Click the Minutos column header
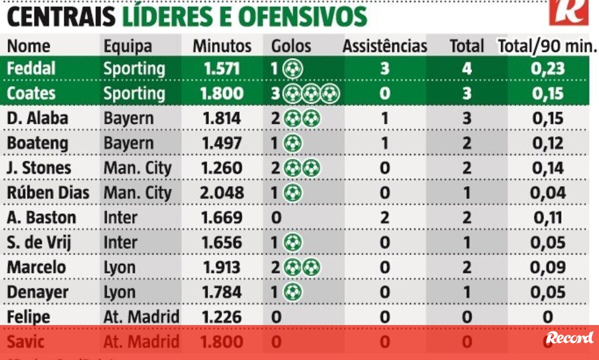222,46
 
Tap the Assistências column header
384,46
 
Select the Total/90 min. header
548,46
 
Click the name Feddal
31,68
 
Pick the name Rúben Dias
48,193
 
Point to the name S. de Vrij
39,243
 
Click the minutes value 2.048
222,193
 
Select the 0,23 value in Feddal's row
548,68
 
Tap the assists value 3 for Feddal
384,68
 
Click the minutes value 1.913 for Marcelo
222,267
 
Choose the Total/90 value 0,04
548,193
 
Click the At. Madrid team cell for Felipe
141,317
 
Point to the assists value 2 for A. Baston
384,218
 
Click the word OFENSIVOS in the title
302,17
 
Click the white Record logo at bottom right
570,338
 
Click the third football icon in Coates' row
330,93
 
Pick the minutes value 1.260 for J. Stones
222,168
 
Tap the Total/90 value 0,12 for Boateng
548,143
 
